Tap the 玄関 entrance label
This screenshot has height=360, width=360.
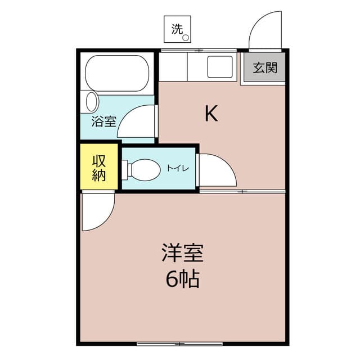[264, 68]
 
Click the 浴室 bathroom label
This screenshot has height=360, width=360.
[103, 121]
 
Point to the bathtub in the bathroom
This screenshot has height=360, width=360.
[117, 73]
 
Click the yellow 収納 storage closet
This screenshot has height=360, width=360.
[99, 167]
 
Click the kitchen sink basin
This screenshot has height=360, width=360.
[220, 67]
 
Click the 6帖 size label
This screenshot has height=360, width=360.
[183, 279]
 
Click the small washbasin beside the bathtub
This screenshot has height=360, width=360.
[92, 102]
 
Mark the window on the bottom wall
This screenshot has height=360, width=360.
[172, 343]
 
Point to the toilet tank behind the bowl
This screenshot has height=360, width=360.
[125, 169]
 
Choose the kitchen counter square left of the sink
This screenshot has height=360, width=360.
[173, 67]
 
